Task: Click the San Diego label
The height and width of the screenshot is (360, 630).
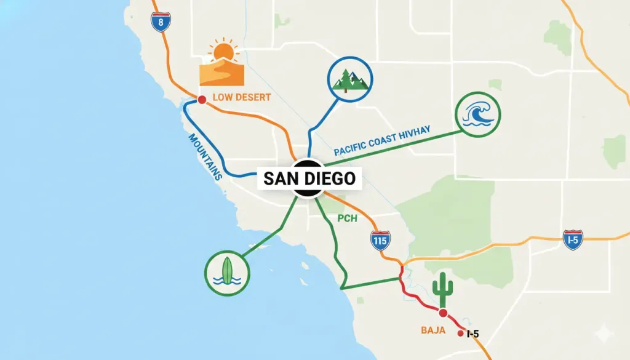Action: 309,178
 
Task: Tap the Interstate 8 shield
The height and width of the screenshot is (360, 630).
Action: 161,21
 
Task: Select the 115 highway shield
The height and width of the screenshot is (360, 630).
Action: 380,240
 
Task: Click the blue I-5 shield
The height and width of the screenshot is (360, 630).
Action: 573,239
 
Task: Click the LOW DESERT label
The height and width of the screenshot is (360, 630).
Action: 241,97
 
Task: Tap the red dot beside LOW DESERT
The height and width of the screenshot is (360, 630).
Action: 201,99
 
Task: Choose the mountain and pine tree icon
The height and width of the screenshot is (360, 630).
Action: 349,78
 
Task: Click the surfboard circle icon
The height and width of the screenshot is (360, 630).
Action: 227,272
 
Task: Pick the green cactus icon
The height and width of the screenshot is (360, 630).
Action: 442,287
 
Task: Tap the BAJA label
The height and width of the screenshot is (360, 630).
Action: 433,330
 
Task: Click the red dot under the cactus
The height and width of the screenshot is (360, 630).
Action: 442,313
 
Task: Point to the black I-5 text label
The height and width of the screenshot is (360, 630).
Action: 472,334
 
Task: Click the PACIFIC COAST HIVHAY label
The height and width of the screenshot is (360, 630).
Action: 381,140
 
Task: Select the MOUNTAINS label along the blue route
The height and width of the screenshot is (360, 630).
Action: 205,156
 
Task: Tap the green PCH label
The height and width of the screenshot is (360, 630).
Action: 348,218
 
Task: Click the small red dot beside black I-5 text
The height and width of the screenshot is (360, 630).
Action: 460,334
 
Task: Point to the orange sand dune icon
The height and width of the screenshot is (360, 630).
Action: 221,73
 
